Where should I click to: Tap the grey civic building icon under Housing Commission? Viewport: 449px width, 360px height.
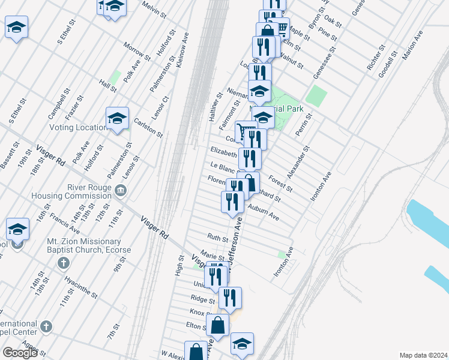pos(121,191)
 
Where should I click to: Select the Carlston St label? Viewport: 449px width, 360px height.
pos(148,127)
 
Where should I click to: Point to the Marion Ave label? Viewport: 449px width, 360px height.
pos(412,45)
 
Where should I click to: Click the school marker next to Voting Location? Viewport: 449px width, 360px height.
pos(118,119)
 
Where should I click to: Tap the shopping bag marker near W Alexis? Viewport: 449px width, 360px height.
pos(196,353)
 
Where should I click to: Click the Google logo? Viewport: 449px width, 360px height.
pos(20,353)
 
